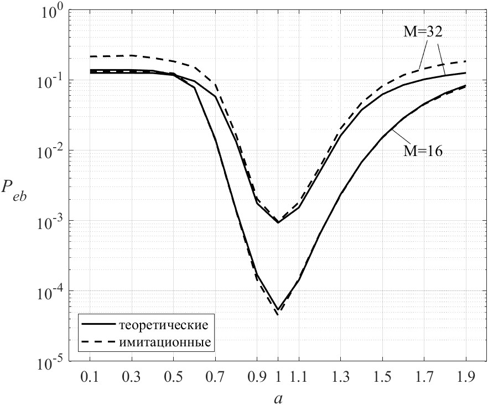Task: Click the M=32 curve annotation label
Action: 423,32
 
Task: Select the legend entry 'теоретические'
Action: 163,323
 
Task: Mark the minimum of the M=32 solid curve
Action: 278,223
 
